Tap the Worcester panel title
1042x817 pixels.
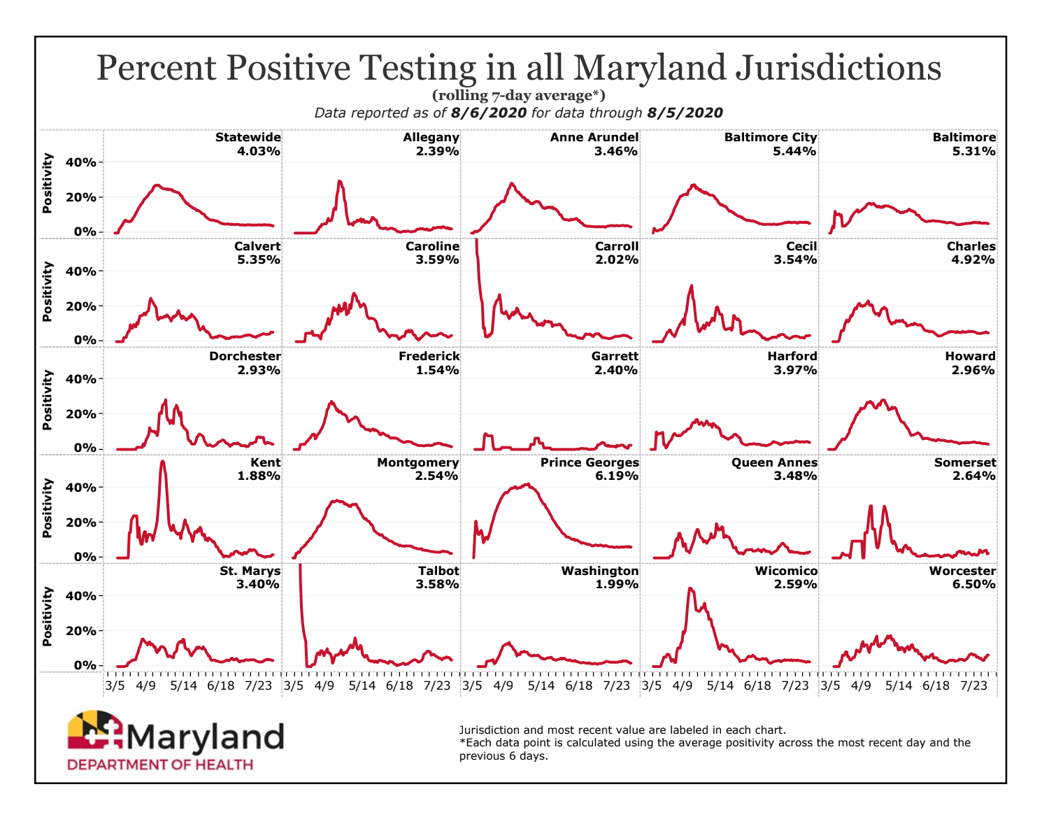962,571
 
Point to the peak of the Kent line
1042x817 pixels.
162,461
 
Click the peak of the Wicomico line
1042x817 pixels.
690,589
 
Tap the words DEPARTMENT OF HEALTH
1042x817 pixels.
160,765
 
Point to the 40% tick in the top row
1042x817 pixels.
80,162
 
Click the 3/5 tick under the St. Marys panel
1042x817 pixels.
115,685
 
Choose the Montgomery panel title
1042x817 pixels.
417,462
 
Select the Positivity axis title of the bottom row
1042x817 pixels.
48,616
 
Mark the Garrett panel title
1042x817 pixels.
615,356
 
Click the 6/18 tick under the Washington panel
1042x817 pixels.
578,685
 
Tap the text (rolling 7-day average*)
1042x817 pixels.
518,96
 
